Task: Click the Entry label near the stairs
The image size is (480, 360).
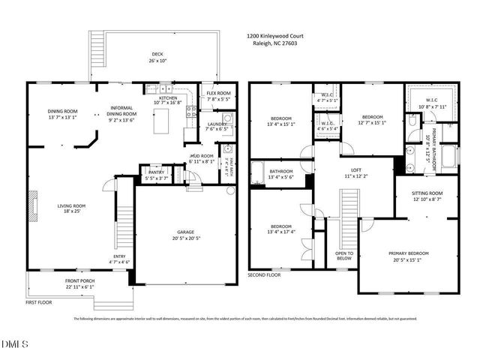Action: click(x=119, y=259)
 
